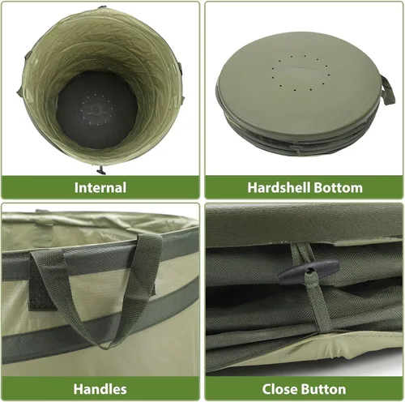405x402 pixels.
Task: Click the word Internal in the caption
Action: tap(100, 187)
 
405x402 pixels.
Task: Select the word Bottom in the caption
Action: tap(339, 187)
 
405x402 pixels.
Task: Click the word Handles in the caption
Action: tap(100, 389)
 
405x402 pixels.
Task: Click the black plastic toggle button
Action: tap(308, 272)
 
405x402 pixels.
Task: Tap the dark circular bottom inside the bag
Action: tap(97, 110)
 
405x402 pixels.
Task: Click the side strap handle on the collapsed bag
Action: tap(387, 91)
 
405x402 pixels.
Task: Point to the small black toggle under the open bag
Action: tap(101, 170)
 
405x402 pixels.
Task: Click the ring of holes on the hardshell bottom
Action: tap(299, 73)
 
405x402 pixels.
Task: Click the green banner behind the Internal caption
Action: tap(100, 187)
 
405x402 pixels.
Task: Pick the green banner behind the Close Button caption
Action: tap(304, 389)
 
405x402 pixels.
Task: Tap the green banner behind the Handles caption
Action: tap(100, 389)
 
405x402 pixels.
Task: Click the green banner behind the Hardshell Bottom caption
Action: tap(304, 187)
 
